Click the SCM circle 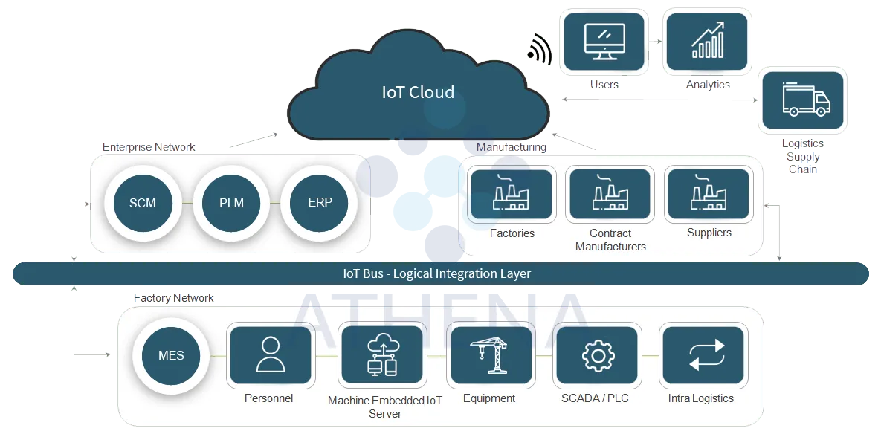click(x=143, y=203)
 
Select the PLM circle click(x=231, y=203)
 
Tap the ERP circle click(x=320, y=203)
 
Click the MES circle click(x=171, y=355)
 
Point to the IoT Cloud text click(x=418, y=92)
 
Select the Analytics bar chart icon click(x=706, y=42)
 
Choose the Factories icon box click(x=512, y=195)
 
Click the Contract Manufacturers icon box click(x=610, y=195)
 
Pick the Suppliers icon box click(x=709, y=195)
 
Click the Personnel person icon click(x=269, y=354)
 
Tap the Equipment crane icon click(x=489, y=354)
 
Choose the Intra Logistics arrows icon click(x=702, y=355)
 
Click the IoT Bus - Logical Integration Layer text click(x=437, y=273)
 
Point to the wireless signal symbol click(x=540, y=49)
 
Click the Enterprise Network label click(x=149, y=147)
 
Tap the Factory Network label click(x=173, y=298)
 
